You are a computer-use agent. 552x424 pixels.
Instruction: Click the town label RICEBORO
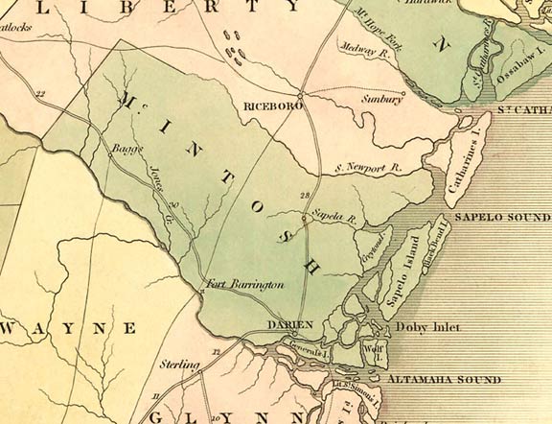coord(274,106)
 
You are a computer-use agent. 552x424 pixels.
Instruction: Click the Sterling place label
coord(181,365)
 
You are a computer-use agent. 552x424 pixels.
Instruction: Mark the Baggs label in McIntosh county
coord(126,153)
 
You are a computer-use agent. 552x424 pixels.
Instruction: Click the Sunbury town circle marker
coord(403,94)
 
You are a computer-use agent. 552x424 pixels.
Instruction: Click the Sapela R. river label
coord(337,220)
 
